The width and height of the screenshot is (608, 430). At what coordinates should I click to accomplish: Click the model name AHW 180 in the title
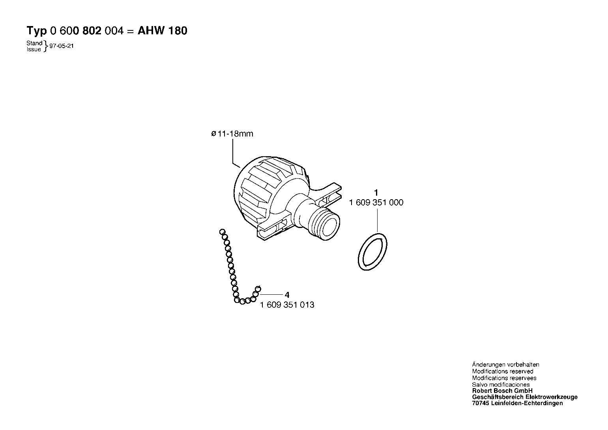click(162, 31)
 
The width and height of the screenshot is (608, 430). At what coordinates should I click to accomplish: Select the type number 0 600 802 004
click(87, 31)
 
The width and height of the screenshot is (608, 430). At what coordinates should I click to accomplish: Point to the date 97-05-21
click(61, 46)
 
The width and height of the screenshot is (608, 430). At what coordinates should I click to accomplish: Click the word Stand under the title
click(34, 43)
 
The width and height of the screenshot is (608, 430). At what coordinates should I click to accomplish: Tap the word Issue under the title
click(34, 49)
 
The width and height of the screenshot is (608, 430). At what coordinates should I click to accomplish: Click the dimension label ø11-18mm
click(232, 134)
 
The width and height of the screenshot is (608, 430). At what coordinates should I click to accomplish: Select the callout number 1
click(376, 193)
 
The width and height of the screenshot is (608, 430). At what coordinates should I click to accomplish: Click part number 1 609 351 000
click(376, 202)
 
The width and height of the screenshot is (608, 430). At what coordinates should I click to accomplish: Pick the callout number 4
click(287, 295)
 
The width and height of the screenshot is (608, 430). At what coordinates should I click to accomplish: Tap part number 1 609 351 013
click(287, 305)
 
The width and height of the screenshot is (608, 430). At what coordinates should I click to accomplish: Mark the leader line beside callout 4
click(271, 294)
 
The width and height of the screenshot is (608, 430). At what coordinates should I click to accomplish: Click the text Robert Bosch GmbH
click(502, 391)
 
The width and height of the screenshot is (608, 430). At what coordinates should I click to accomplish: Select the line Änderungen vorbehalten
click(505, 365)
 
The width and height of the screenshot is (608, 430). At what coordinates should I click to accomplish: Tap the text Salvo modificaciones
click(501, 384)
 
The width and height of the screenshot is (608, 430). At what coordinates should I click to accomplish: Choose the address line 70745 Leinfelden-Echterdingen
click(517, 404)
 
